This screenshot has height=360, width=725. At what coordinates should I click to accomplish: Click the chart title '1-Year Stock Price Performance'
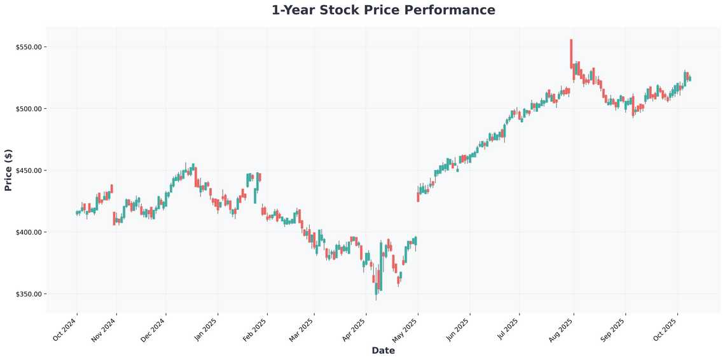[383, 10]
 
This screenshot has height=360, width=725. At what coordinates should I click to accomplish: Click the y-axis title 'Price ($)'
[8, 170]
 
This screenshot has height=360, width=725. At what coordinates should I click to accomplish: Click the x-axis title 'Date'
[383, 350]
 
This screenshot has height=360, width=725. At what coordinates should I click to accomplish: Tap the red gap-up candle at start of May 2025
[418, 197]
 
